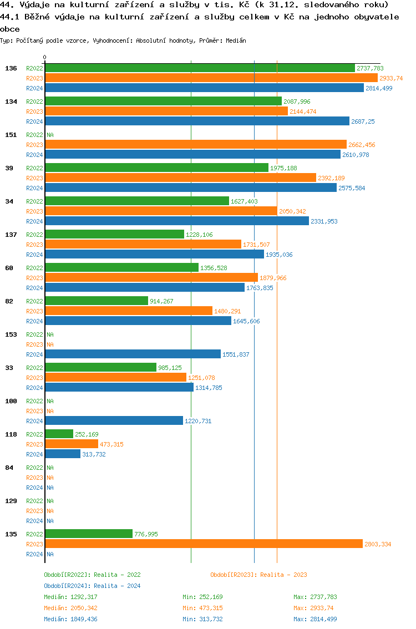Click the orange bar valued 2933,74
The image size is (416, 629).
pyautogui.click(x=211, y=78)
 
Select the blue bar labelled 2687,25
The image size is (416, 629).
pyautogui.click(x=197, y=121)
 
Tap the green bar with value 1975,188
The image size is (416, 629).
pyautogui.click(x=156, y=168)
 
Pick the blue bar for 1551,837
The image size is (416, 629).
pyautogui.click(x=133, y=354)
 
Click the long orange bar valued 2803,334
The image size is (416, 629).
pyautogui.click(x=204, y=544)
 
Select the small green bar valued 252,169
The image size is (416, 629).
pyautogui.click(x=59, y=434)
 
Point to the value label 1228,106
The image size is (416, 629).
pyautogui.click(x=199, y=235)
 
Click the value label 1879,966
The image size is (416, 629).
pyautogui.click(x=273, y=278)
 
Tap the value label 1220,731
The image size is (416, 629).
pyautogui.click(x=198, y=421)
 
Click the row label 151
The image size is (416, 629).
pyautogui.click(x=11, y=135)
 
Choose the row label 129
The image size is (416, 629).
pyautogui.click(x=11, y=501)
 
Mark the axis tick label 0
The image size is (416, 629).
pyautogui.click(x=45, y=58)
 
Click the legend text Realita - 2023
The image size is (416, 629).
pyautogui.click(x=283, y=575)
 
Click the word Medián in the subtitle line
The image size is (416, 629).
pyautogui.click(x=236, y=40)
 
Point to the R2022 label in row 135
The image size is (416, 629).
pyautogui.click(x=34, y=534)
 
